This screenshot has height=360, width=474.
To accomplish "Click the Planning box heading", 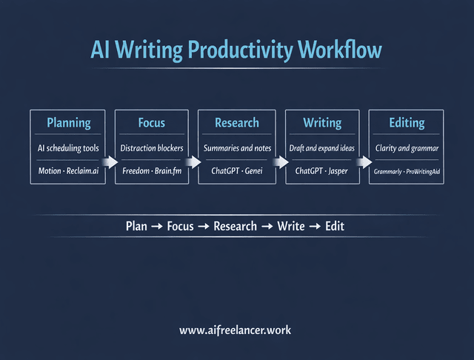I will coord(68,123).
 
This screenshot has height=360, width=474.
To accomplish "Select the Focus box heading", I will coord(152,123).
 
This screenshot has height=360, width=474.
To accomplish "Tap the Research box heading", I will coord(237,123).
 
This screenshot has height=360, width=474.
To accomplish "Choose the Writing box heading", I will coord(322,123).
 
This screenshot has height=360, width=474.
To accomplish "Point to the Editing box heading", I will coord(407,123).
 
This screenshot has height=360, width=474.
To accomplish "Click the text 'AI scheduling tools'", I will coord(68,148).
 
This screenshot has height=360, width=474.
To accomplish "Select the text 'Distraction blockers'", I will coord(152,148).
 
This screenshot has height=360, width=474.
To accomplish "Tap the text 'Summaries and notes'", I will coord(237,148).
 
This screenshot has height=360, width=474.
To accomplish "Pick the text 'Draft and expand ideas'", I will coord(322,148).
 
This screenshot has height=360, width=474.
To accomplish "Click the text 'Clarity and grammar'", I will coord(407,148).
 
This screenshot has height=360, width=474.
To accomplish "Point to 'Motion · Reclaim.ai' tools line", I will coord(68,171).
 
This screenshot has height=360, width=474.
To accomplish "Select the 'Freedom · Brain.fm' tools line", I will coord(152,171).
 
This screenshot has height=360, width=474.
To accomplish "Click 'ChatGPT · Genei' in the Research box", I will coord(237,171).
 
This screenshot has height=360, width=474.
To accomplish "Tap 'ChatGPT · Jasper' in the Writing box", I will coord(322,171).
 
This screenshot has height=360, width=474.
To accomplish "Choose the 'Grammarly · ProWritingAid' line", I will coord(407,171).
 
